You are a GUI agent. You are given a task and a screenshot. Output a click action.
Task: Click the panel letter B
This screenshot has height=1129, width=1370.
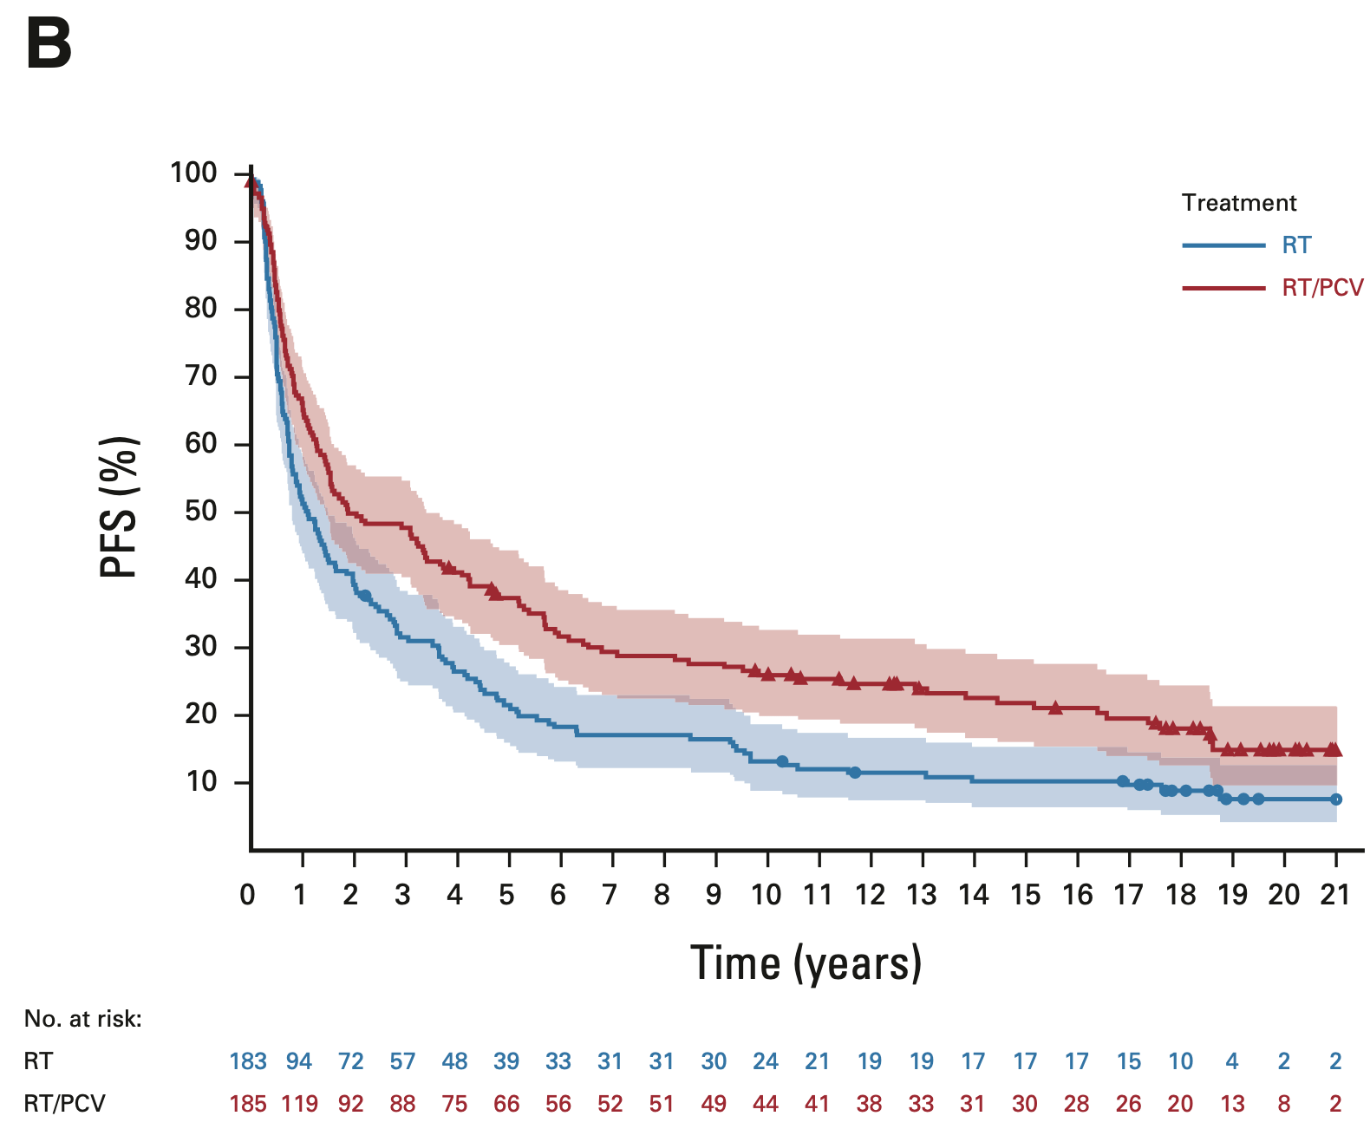pos(49,45)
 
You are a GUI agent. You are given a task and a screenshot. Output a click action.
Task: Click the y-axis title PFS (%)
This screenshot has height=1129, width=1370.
pos(120,506)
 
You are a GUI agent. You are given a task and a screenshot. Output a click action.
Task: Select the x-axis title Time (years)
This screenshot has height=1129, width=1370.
pos(806,963)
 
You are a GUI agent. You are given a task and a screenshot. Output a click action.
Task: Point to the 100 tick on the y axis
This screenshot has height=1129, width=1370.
pos(193,173)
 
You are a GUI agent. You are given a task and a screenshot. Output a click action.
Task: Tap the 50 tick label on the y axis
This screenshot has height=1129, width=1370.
pos(200,511)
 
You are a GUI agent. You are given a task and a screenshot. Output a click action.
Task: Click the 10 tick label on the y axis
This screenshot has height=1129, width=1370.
pos(200,781)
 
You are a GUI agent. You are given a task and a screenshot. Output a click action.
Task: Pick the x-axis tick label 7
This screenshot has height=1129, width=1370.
pos(610,894)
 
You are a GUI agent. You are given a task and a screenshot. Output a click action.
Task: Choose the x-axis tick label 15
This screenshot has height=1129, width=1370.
pos(1025,894)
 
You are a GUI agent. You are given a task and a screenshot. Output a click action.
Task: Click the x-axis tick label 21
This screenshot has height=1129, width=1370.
pos(1335,894)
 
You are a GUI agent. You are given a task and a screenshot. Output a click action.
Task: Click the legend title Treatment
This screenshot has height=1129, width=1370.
pos(1239,203)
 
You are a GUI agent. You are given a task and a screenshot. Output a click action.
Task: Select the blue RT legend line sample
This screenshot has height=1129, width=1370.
pos(1223,245)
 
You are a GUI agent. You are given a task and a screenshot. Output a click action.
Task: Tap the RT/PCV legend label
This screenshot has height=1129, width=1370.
pos(1322,288)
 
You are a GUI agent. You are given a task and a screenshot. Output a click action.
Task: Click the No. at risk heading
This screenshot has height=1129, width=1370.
pos(83,1019)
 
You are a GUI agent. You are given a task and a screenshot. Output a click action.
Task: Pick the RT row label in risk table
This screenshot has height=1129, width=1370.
pos(39,1060)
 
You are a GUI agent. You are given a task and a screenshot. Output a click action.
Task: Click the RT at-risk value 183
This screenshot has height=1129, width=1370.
pos(248,1060)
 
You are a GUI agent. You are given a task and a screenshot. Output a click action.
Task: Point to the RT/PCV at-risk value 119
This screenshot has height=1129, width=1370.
pos(299,1103)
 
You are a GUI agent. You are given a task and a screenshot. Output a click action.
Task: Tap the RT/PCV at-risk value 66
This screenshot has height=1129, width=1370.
pos(506,1103)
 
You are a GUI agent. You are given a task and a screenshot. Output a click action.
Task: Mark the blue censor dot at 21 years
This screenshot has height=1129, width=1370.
pos(1336,799)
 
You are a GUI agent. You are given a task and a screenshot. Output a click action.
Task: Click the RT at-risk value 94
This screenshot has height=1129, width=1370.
pos(299,1060)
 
